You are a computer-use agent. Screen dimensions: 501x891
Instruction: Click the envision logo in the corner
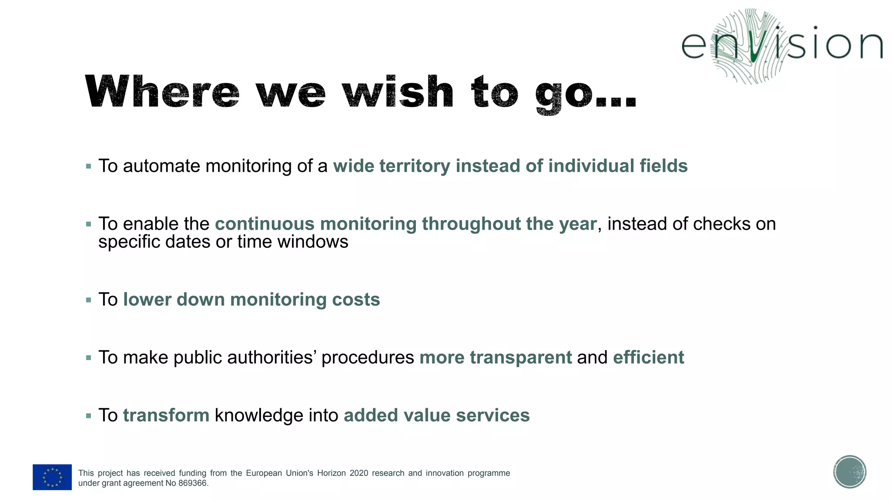click(781, 46)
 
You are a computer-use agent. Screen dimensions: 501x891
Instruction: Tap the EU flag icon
click(52, 477)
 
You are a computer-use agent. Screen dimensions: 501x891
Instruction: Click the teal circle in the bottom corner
click(850, 472)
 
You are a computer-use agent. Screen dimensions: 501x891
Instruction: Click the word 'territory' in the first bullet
click(415, 166)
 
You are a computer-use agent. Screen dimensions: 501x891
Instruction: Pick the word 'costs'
click(355, 300)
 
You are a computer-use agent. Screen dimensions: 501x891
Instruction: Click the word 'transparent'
click(521, 357)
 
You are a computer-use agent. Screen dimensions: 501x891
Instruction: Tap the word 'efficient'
click(648, 357)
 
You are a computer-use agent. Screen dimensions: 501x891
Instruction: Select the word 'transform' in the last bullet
click(166, 415)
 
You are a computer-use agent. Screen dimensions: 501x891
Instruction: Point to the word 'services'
click(492, 415)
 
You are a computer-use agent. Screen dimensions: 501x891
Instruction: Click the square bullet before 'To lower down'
click(89, 300)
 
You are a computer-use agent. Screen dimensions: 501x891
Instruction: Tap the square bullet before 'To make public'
click(89, 358)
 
